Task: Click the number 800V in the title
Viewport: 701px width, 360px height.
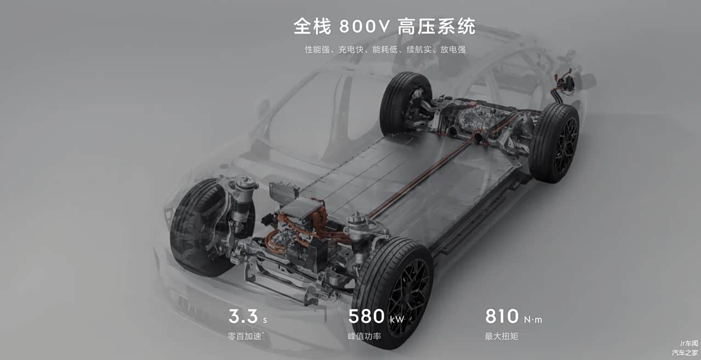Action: tap(365, 26)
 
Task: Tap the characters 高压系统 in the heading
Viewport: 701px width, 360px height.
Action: tap(437, 26)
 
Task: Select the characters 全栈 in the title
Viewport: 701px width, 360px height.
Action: tap(312, 26)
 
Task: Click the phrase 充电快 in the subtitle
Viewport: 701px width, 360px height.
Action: tap(351, 49)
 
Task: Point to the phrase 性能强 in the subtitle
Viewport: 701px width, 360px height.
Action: tap(317, 49)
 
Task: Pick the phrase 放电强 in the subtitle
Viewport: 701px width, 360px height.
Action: tap(453, 49)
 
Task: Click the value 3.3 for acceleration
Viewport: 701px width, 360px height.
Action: tap(243, 316)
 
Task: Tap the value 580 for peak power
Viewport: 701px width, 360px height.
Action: tap(366, 316)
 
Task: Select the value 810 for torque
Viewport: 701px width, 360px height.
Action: tap(502, 316)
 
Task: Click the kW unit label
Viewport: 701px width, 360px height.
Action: tap(397, 319)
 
